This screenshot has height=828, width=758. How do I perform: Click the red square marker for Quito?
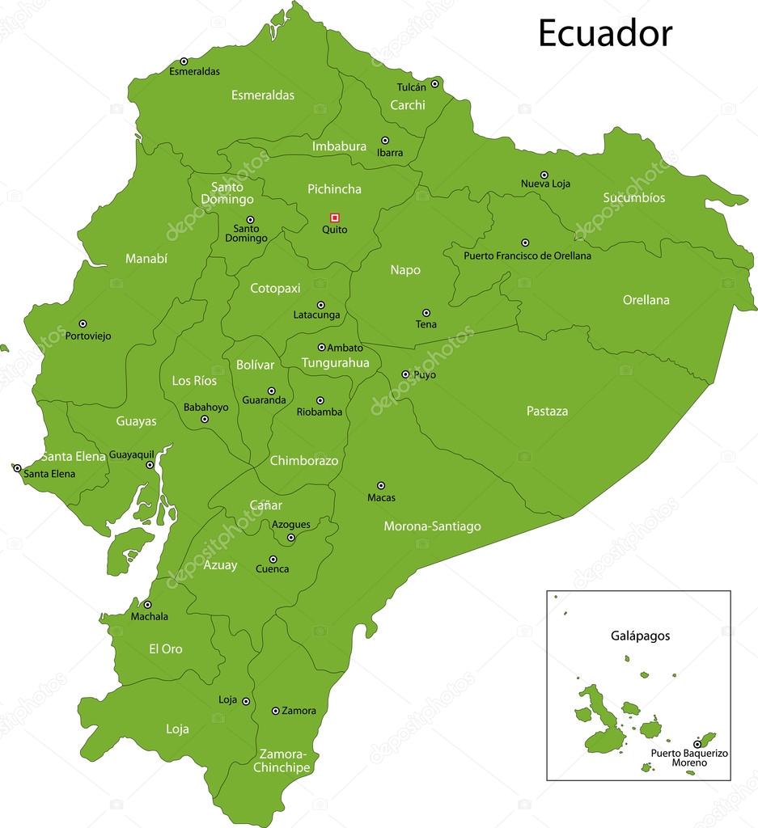[x=335, y=218]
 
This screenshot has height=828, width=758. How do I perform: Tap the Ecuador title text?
[x=605, y=33]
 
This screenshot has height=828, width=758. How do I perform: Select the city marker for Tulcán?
[x=434, y=83]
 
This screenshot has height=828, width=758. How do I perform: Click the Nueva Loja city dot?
[x=544, y=175]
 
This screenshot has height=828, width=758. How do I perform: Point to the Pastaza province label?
[x=547, y=411]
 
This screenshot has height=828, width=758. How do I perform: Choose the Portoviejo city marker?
[x=83, y=323]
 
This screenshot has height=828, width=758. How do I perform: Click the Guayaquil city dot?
[x=150, y=465]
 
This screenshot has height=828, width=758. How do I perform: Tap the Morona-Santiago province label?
[x=432, y=526]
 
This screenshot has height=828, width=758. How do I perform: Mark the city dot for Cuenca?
[x=273, y=559]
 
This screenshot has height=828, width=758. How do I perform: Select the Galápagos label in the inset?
[x=640, y=636]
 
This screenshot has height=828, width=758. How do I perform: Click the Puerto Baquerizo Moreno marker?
[x=697, y=743]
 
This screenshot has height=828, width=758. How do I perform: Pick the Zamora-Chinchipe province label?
[x=281, y=760]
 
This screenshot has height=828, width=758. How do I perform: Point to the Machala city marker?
[x=147, y=604]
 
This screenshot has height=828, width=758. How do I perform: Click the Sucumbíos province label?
[x=633, y=197]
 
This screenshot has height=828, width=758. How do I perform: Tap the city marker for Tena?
[x=426, y=313]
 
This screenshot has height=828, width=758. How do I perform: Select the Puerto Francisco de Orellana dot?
[x=525, y=243]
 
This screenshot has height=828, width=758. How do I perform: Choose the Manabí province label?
[x=146, y=259]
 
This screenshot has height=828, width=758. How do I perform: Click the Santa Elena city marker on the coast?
[x=17, y=467]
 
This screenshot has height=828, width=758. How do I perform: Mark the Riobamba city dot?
[x=320, y=400]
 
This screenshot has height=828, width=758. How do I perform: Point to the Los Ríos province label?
[x=194, y=380]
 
